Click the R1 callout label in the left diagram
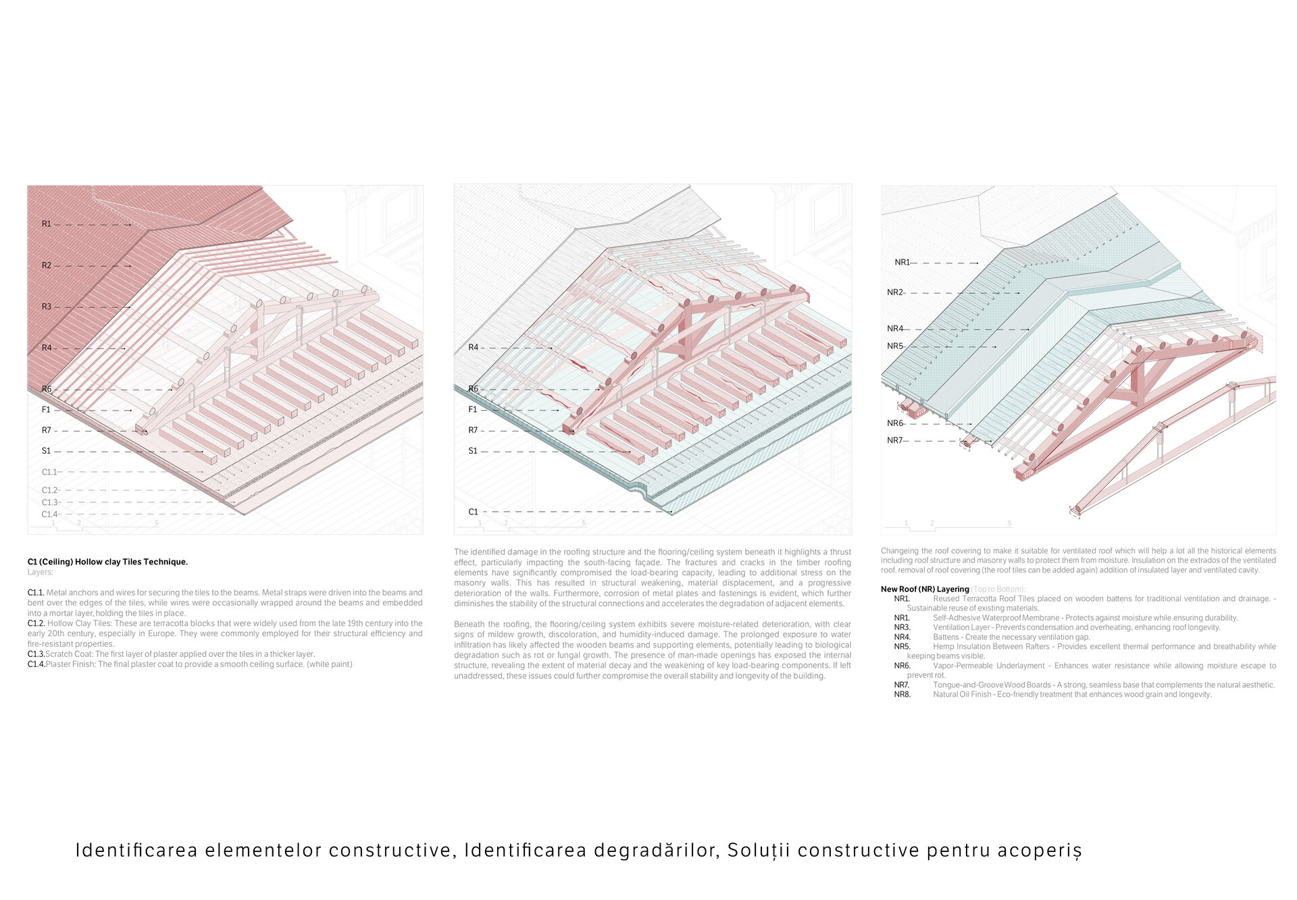[x=46, y=224]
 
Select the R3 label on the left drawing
[x=46, y=307]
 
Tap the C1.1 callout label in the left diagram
[x=49, y=472]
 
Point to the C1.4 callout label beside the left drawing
[x=49, y=514]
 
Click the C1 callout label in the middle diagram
[x=473, y=512]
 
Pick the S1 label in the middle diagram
[x=473, y=451]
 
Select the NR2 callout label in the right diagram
[x=894, y=292]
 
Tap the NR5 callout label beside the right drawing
[x=894, y=346]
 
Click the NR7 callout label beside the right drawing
[x=894, y=440]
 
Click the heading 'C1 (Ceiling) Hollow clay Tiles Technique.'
[x=107, y=562]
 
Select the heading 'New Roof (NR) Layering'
[x=924, y=589]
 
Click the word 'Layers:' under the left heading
[x=40, y=572]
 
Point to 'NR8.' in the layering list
[x=902, y=694]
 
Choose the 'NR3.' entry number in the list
[x=902, y=627]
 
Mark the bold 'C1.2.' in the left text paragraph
[x=36, y=623]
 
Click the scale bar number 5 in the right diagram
[x=1009, y=524]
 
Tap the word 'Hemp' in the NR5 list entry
[x=944, y=646]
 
